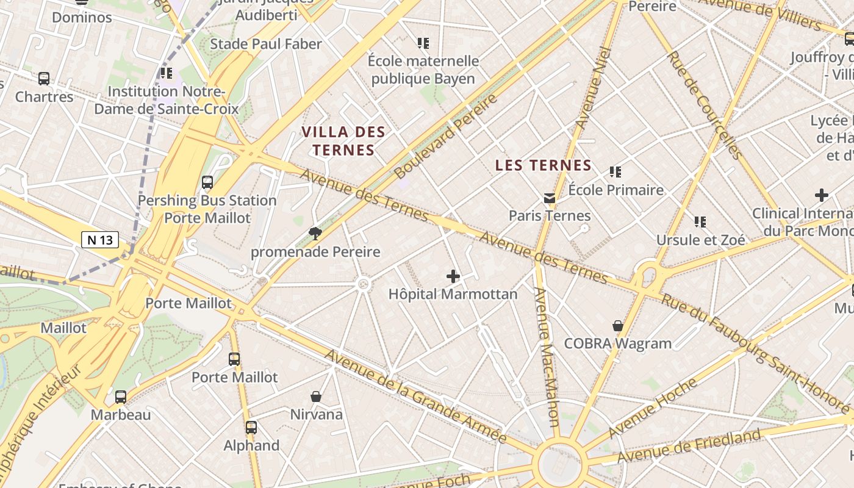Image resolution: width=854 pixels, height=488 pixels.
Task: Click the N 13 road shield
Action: pos(100,240)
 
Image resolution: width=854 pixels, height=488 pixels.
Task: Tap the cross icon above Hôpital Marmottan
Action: pos(453,276)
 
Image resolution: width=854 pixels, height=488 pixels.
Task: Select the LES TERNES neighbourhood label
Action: pos(543,165)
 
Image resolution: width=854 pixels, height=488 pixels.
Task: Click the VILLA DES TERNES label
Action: pos(343,140)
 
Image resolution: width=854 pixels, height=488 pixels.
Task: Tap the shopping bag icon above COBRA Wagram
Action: pos(618,326)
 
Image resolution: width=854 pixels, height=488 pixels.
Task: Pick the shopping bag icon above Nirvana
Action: pos(316,397)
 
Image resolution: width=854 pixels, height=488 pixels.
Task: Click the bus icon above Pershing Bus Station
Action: pos(207,182)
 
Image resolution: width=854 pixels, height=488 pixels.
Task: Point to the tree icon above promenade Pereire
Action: pos(315,233)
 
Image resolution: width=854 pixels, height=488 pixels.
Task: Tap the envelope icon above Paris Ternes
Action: pos(550,198)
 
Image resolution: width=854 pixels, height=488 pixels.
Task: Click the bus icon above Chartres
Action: pos(44,78)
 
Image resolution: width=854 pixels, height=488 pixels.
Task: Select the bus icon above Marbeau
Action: pos(121,397)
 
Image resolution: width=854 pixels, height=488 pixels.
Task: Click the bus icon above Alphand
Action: pos(251,428)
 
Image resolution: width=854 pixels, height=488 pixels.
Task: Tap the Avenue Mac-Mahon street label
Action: pos(547,357)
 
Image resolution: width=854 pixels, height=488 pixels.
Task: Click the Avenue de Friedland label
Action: pos(689,445)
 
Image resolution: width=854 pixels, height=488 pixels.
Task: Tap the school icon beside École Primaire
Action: pos(615,172)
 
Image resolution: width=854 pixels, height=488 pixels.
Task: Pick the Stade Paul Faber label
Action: pos(266,44)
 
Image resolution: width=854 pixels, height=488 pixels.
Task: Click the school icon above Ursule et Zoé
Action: pos(700,222)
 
